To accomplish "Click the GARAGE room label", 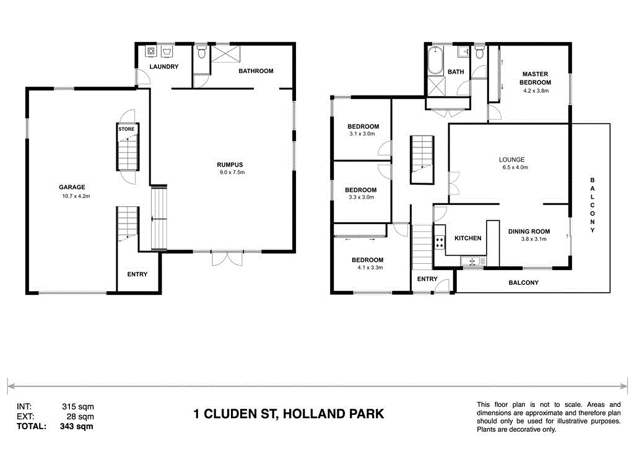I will point(72,187).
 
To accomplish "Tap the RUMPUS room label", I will point(229,164).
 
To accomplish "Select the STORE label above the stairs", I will point(126,129).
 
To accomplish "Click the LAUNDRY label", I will point(164,67).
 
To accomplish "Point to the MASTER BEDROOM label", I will point(535,78).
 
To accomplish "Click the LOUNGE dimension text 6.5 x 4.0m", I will point(512,167).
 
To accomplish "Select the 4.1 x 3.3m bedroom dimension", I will point(368,268).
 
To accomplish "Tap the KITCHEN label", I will point(468,238).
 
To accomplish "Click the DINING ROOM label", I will point(528,232).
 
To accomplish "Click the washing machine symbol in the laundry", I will point(150,52).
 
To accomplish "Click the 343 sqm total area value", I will point(77,426).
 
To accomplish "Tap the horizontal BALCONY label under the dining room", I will point(523,282).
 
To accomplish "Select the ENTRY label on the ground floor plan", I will point(137,274).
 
